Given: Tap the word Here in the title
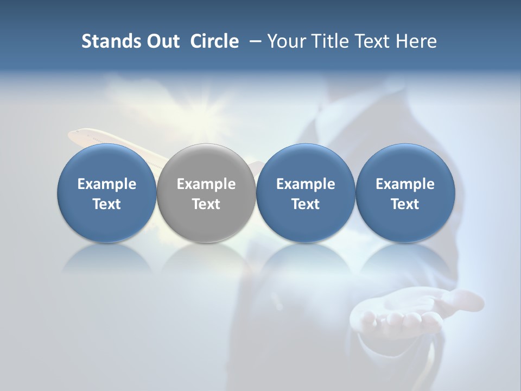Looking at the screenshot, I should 416,41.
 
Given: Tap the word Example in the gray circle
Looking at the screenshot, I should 206,184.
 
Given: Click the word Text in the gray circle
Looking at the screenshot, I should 206,204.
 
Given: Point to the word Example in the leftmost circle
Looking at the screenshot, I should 106,184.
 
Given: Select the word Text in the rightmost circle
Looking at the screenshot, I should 405,204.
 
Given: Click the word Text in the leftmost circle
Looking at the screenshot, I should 106,204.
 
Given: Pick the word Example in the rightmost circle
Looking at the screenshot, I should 405,184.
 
